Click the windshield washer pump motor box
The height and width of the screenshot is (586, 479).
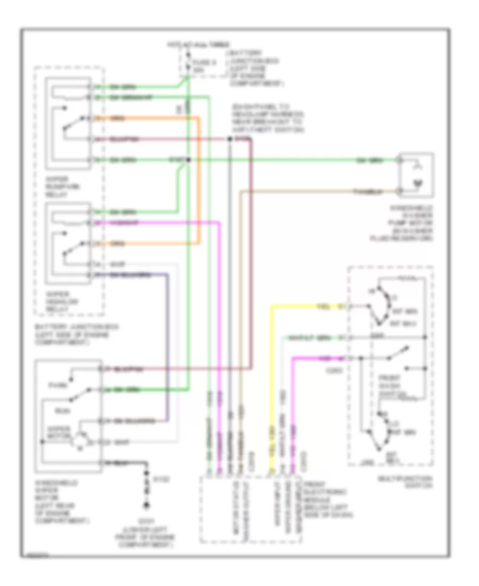click(417, 175)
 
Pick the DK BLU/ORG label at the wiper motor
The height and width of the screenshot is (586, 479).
click(130, 420)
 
